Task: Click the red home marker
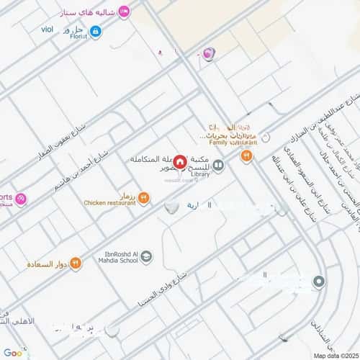click(179, 159)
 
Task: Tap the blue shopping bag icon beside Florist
click(96, 31)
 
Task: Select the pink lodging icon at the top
click(124, 11)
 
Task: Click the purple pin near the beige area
click(209, 53)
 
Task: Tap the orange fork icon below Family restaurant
click(246, 155)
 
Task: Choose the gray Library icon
click(218, 165)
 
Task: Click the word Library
click(202, 174)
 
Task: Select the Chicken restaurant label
click(109, 203)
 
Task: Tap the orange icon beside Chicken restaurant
click(144, 197)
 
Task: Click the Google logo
click(13, 353)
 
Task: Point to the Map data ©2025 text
click(335, 355)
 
